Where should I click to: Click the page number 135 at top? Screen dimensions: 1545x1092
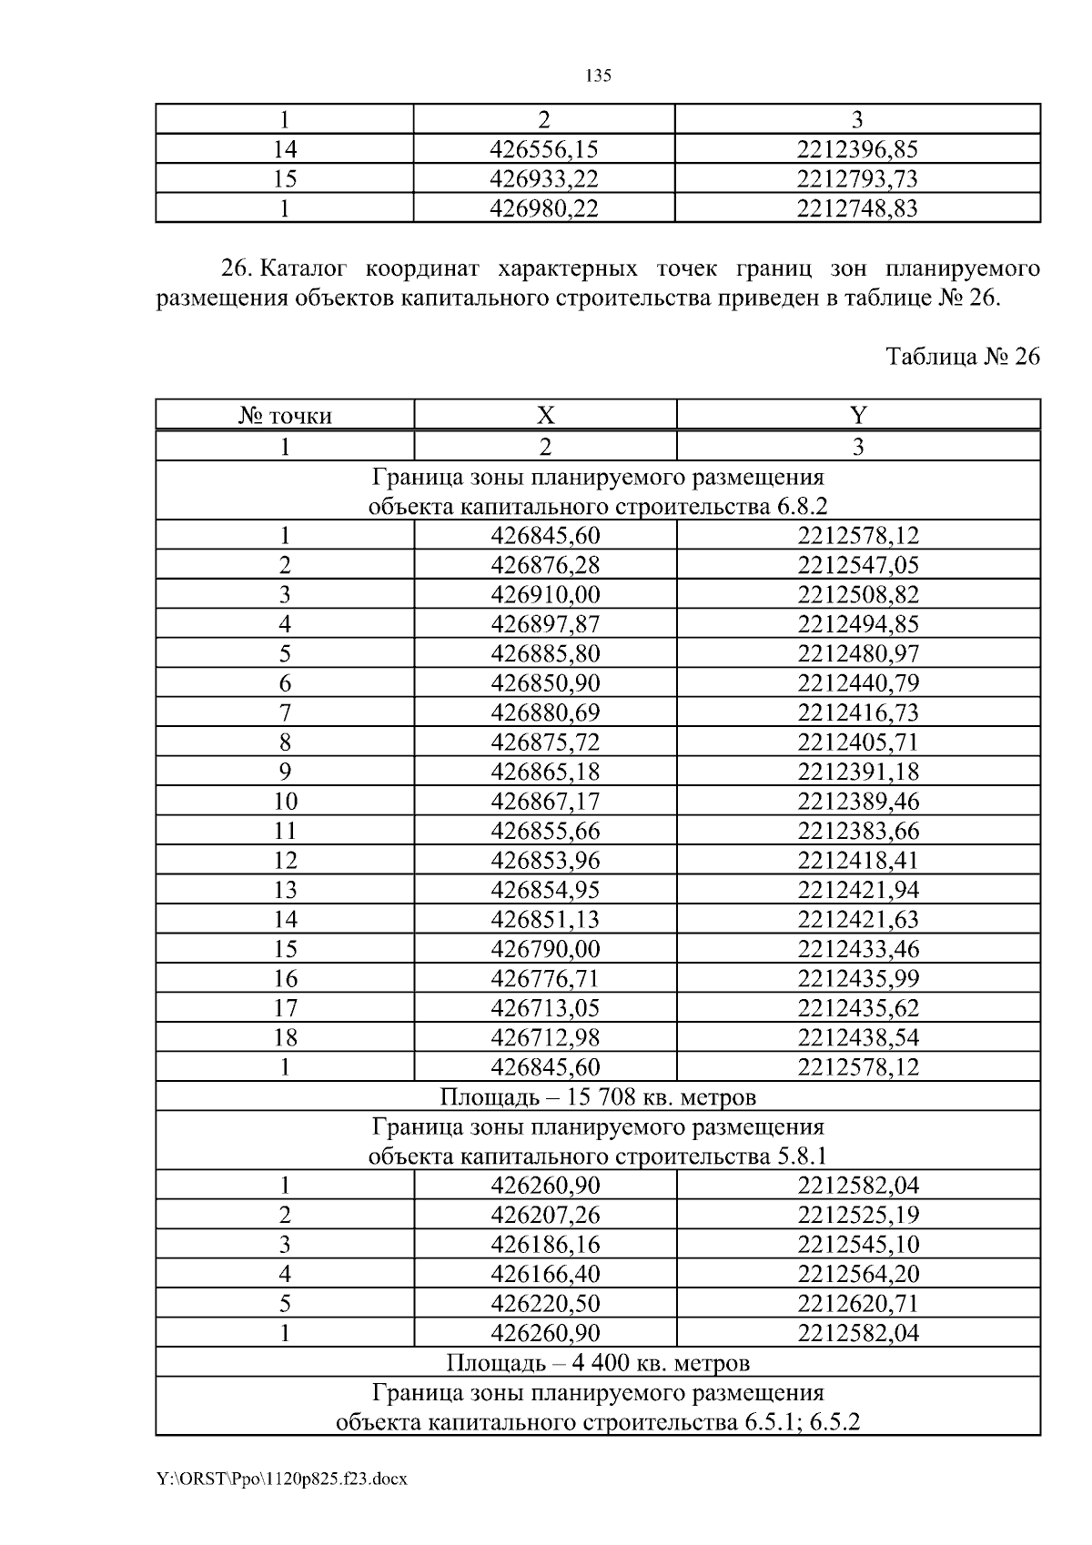tap(598, 76)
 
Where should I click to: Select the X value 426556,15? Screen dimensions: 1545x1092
tap(544, 149)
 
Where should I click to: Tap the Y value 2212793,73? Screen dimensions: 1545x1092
tap(857, 178)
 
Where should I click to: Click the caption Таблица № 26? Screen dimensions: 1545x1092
tap(963, 357)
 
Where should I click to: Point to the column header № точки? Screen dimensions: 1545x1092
tap(285, 417)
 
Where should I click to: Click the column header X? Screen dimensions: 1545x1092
tap(545, 416)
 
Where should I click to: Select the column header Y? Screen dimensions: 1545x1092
tap(858, 416)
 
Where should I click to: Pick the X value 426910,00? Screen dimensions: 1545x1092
tap(545, 594)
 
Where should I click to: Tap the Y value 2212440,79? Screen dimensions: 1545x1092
tap(858, 683)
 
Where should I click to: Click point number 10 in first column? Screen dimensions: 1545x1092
tap(285, 802)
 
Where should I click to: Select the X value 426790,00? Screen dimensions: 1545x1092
tap(545, 949)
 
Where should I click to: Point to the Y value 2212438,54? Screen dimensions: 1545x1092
tap(858, 1037)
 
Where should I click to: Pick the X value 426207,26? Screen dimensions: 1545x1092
tap(545, 1215)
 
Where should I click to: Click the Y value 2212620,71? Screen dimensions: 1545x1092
tap(858, 1304)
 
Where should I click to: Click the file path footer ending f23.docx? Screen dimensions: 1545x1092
tap(281, 1479)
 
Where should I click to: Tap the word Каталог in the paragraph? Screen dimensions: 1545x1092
tap(307, 270)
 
